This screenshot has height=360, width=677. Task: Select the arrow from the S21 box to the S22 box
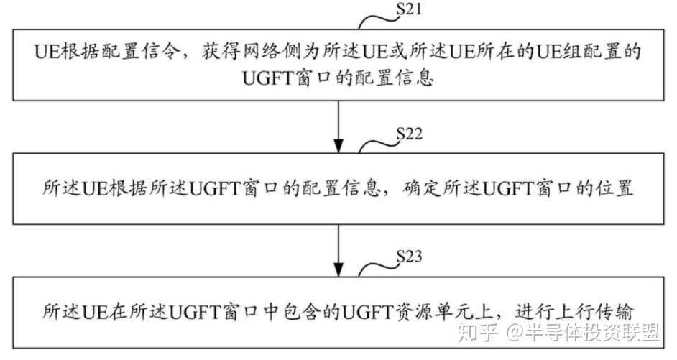338,125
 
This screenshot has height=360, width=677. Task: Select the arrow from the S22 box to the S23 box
338,247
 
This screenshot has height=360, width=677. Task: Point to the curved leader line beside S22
376,144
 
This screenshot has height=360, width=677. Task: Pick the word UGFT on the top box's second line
270,77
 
